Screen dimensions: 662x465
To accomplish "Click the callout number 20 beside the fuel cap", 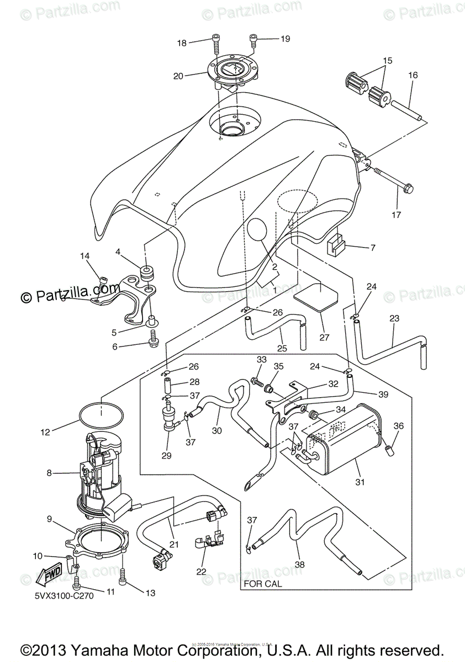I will point(178,76).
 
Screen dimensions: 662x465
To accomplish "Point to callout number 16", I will point(413,75).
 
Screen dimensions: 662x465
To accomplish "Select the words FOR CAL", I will point(262,584).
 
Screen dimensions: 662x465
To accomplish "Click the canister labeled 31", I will point(345,436).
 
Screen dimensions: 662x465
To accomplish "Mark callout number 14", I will point(84,255).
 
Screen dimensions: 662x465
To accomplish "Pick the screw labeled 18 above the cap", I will point(215,40).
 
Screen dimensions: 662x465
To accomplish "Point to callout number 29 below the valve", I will point(166,456).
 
